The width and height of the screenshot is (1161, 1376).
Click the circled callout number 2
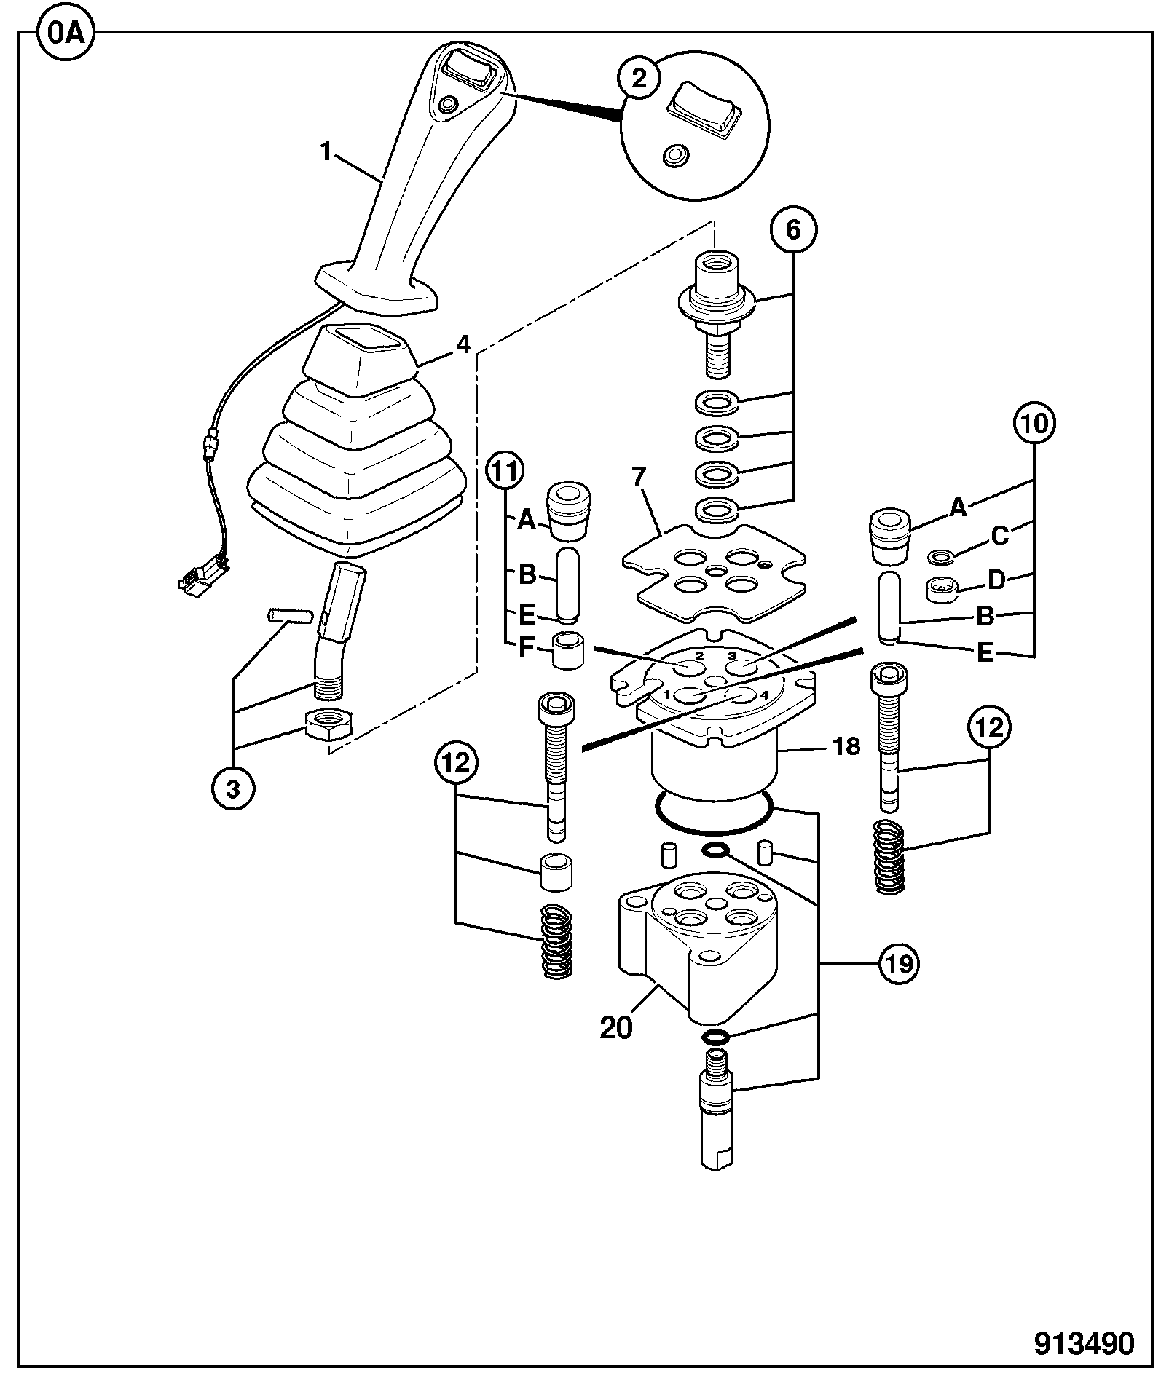coord(639,78)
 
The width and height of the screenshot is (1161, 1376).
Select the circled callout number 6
coord(793,231)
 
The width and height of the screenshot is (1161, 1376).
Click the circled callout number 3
coord(233,789)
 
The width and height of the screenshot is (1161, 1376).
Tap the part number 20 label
coord(616,1028)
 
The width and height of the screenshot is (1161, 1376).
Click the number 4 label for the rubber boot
coord(463,345)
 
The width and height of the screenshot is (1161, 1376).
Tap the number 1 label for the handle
coord(326,152)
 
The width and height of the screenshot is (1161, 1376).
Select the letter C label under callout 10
coord(1000,537)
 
